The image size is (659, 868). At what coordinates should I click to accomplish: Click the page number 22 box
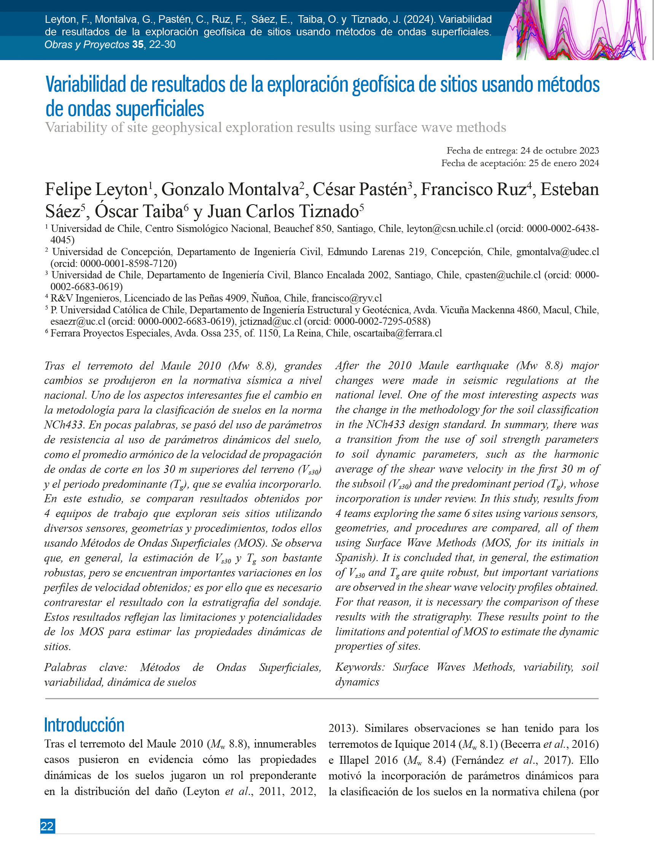tap(48, 826)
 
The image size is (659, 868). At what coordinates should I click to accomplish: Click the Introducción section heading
tap(84, 725)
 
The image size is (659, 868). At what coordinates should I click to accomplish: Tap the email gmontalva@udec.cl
tap(557, 252)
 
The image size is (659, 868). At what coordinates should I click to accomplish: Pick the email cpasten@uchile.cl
tap(502, 275)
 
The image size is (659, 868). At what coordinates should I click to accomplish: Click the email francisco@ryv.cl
tap(346, 298)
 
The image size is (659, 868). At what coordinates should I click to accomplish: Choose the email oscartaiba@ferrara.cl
tap(398, 333)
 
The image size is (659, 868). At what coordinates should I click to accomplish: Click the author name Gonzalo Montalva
tap(230, 190)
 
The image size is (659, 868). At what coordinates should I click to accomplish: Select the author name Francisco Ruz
tap(473, 190)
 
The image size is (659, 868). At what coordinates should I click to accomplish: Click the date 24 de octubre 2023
tap(559, 151)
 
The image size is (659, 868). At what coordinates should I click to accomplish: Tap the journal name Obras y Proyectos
tap(87, 45)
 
